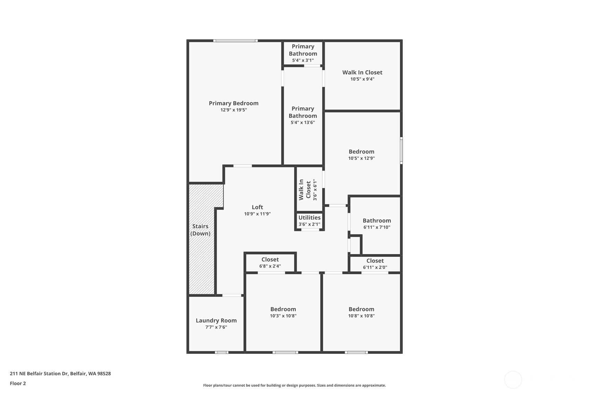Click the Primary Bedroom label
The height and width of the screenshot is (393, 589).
pos(234,103)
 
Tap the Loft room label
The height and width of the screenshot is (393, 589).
pos(257,207)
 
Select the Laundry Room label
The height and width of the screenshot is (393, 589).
pos(216,321)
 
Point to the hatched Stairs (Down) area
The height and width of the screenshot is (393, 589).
pos(201,239)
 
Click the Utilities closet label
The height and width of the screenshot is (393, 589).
pos(309,218)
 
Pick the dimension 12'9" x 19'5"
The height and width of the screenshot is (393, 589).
pos(234,110)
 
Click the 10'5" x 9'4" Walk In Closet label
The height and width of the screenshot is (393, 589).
pos(362,72)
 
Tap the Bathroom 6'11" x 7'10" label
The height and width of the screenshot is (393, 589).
pos(377,221)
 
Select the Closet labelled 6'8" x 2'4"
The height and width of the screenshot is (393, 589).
pos(270,260)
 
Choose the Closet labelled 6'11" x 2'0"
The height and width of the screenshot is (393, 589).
pos(375,261)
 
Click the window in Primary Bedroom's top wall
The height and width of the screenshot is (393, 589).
pos(235,41)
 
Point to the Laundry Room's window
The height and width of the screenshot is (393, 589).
pos(221,352)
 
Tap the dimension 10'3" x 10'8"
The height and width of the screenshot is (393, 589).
pos(283,316)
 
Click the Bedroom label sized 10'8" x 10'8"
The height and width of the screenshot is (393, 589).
pos(361,309)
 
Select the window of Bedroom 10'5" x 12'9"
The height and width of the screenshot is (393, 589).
pos(401,150)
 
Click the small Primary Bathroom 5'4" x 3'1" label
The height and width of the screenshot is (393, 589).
pos(303,50)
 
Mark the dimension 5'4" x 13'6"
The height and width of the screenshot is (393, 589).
pos(303,122)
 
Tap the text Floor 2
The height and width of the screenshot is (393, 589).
pos(18,383)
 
